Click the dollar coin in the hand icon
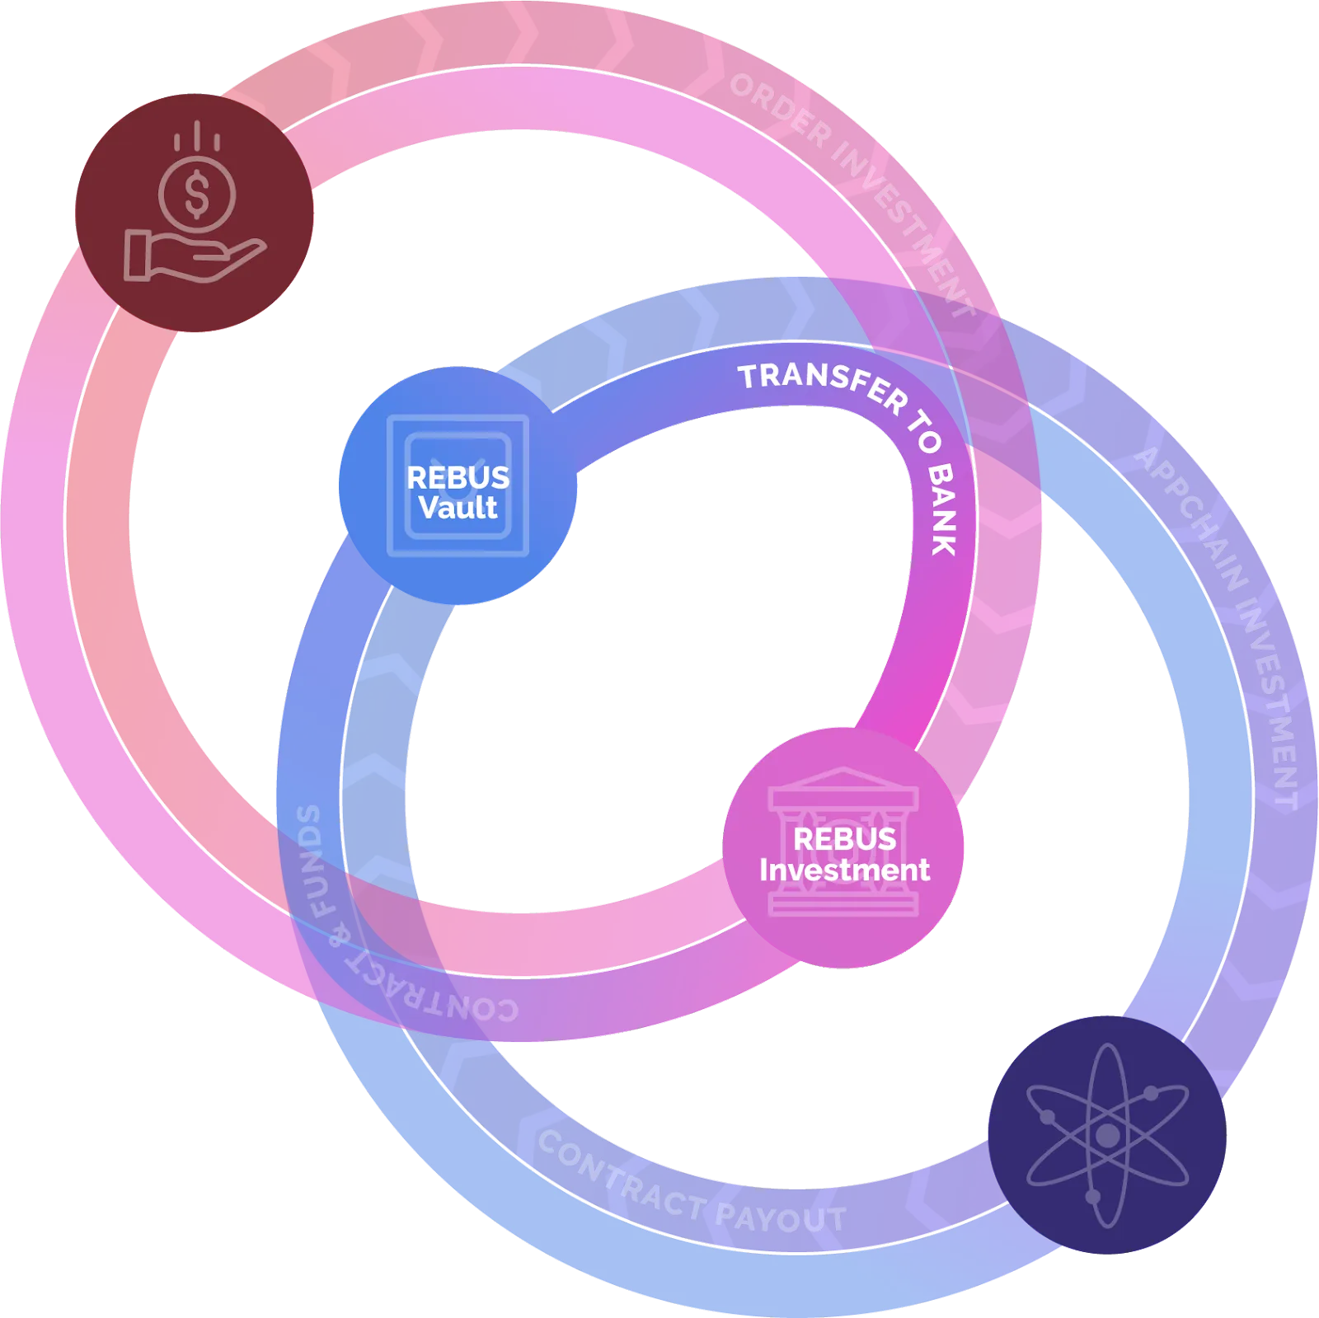197,195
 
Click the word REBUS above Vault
458,478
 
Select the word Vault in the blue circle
458,508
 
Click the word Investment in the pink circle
844,870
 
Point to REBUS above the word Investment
844,839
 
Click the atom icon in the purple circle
1107,1135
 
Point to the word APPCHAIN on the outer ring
1190,519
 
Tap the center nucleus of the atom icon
1107,1136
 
